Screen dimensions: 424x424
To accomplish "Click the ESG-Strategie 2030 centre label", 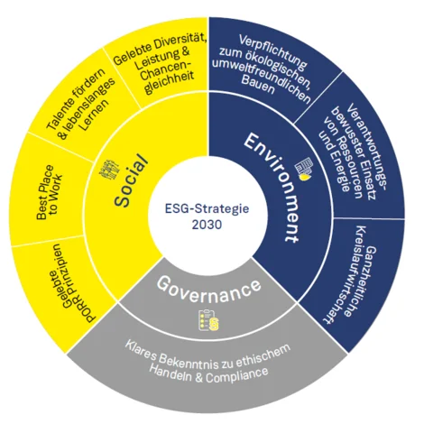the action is [x=207, y=217].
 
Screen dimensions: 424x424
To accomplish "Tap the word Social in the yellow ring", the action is [x=132, y=180].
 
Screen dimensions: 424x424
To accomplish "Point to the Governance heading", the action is [x=208, y=290].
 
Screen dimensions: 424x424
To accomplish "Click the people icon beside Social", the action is [x=109, y=171].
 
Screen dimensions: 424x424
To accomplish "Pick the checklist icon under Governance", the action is [x=208, y=320].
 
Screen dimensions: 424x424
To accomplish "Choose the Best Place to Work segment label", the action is [x=50, y=191].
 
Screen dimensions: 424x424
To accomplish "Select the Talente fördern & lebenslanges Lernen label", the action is [x=80, y=105].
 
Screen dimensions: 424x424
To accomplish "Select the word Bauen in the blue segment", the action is [x=258, y=85].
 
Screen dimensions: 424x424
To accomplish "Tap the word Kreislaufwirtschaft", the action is [x=345, y=274].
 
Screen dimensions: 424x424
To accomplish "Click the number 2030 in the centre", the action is [x=207, y=225].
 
